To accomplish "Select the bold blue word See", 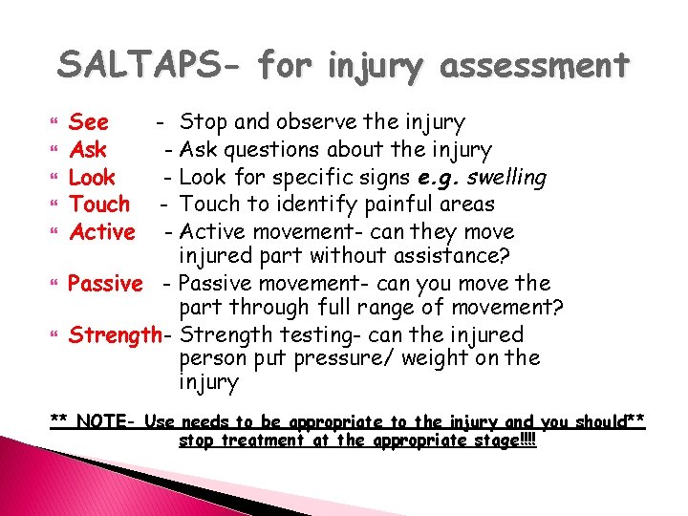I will click(x=89, y=122).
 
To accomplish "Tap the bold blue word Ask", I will click(x=88, y=150).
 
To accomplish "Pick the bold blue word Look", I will click(x=93, y=178).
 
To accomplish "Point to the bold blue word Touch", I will click(x=100, y=204).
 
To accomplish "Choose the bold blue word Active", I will click(x=102, y=232).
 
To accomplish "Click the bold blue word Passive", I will click(x=106, y=284).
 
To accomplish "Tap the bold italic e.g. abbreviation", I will click(x=440, y=178).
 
